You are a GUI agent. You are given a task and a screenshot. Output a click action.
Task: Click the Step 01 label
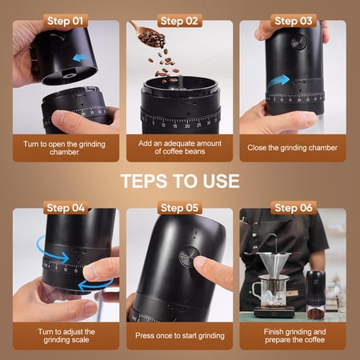(x=65, y=21)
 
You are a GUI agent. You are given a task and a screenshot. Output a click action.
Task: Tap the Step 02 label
(x=179, y=21)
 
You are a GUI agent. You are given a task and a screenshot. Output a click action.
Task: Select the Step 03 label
(x=294, y=21)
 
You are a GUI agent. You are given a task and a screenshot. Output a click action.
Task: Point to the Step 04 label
(x=66, y=208)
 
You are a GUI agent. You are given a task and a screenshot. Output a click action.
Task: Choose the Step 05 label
(x=179, y=208)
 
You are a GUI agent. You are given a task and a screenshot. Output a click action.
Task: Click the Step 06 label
(x=294, y=208)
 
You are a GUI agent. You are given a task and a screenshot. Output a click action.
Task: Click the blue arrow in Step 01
(x=81, y=58)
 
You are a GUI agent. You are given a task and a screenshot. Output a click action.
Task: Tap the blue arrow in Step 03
(x=278, y=82)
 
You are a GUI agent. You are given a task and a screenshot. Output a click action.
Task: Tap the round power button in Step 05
(x=189, y=257)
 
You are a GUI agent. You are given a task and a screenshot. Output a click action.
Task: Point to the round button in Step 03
(x=298, y=42)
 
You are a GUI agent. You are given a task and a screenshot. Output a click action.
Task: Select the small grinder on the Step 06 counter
(x=316, y=295)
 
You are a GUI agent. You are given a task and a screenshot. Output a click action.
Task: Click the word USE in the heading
(x=221, y=181)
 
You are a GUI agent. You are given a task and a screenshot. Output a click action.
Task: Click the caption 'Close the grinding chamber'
(x=293, y=148)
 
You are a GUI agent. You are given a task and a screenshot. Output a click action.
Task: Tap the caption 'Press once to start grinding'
(x=180, y=335)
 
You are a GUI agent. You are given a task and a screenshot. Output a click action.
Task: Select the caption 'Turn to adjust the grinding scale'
(x=66, y=336)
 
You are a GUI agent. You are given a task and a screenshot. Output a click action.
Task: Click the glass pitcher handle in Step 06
(x=256, y=290)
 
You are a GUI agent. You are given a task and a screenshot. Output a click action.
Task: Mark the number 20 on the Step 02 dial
(x=187, y=126)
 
